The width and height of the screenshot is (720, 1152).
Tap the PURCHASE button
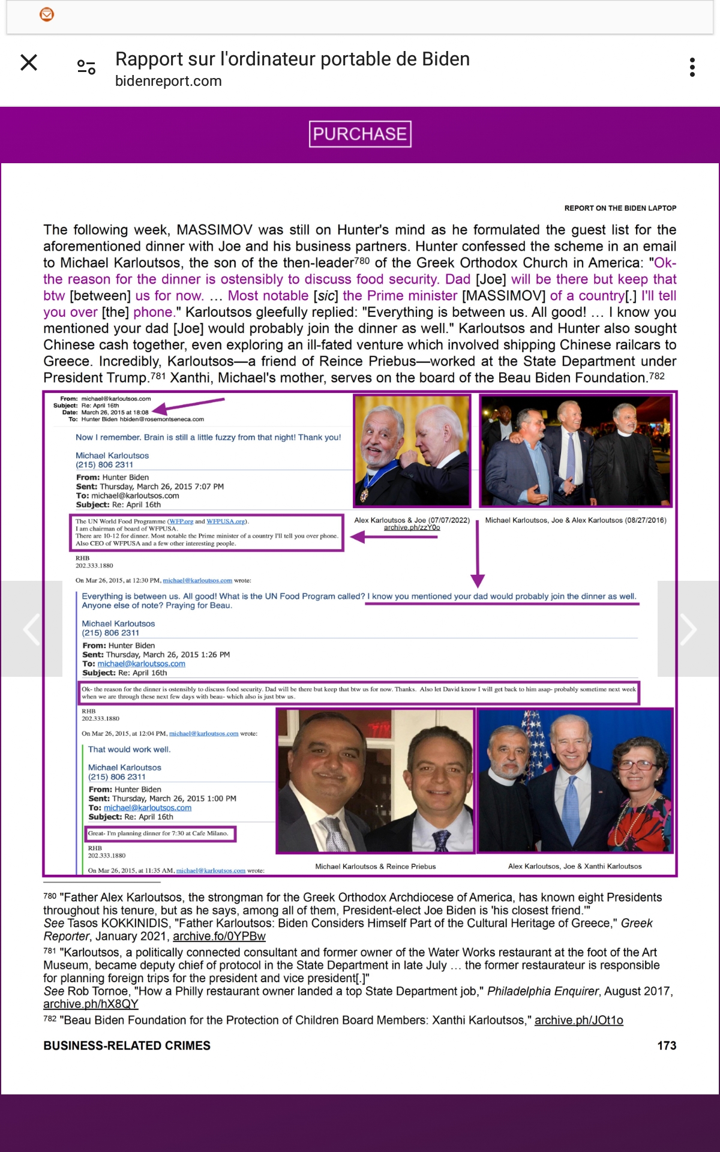[360, 134]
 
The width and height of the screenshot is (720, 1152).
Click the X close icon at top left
[29, 62]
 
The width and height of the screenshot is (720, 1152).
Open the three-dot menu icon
[692, 67]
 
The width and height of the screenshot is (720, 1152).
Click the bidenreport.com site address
[169, 81]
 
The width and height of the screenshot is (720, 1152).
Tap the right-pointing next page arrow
[688, 629]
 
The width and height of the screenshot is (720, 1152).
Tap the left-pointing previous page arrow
[31, 629]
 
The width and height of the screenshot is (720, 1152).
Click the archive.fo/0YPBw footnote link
[219, 937]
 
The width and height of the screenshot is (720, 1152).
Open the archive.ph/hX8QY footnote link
[91, 1004]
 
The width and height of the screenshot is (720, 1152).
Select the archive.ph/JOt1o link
[578, 1021]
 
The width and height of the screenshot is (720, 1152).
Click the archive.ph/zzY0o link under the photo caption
[412, 527]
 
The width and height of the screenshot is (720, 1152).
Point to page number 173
[667, 1046]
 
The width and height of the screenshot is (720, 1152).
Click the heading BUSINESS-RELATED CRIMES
[127, 1046]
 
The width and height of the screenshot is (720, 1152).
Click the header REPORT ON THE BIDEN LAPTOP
[620, 208]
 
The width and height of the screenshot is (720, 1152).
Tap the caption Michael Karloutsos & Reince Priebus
[376, 866]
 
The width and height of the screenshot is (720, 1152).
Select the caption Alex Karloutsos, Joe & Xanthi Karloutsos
[575, 866]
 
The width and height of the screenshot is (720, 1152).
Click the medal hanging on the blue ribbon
[364, 494]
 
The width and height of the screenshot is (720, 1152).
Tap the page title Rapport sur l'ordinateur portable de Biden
[292, 59]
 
